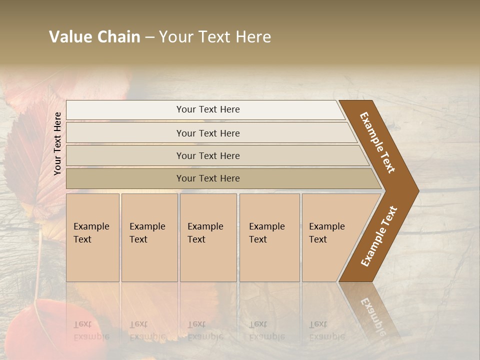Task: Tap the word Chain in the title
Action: click(x=118, y=37)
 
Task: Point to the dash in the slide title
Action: click(x=149, y=37)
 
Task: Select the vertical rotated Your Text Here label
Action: click(x=57, y=143)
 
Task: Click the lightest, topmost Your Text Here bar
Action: click(x=207, y=109)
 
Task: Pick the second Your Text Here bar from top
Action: click(x=207, y=133)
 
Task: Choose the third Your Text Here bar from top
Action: click(x=207, y=155)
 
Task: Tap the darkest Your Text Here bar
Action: click(x=207, y=178)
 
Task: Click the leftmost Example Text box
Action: click(x=92, y=237)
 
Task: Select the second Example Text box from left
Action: click(x=149, y=237)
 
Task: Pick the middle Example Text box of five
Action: click(x=208, y=237)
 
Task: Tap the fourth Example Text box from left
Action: click(x=269, y=237)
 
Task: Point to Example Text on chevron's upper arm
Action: click(x=378, y=142)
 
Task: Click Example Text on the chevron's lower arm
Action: click(x=379, y=236)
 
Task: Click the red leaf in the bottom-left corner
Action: click(x=30, y=330)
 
